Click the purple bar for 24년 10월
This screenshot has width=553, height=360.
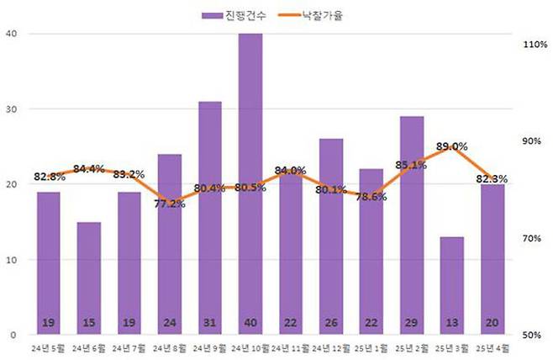click(250, 185)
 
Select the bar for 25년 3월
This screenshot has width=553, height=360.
click(451, 286)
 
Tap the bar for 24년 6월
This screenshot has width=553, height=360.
click(88, 278)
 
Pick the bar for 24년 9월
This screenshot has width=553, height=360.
click(209, 219)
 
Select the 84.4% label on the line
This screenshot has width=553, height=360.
click(89, 168)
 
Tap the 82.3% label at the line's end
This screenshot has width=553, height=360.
click(492, 179)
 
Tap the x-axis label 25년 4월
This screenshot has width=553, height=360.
click(492, 347)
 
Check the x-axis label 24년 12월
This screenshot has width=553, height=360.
click(330, 347)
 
